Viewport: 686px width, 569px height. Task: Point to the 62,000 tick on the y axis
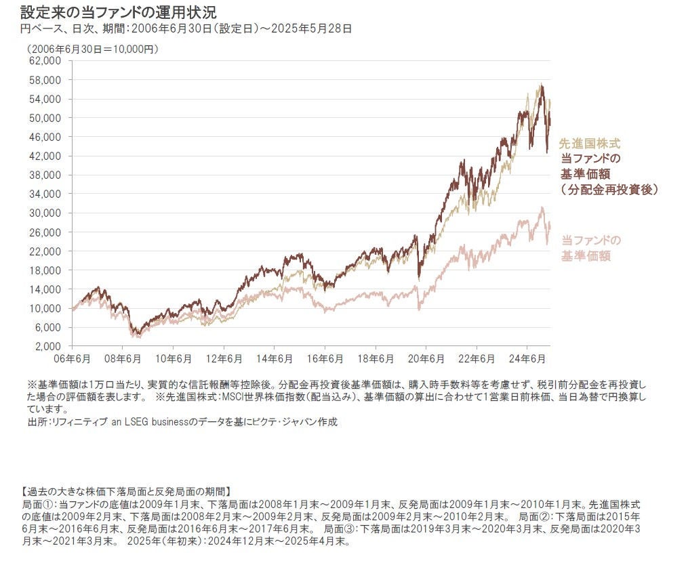[x=45, y=61]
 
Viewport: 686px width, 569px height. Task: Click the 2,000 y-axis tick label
[x=47, y=346]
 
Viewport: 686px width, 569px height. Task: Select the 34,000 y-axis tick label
[x=45, y=194]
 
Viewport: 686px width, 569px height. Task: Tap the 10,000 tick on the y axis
[x=45, y=308]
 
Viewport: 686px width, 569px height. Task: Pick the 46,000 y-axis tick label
[x=45, y=137]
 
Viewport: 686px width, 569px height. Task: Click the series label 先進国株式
[x=589, y=144]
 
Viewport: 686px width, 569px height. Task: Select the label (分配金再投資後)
[x=610, y=190]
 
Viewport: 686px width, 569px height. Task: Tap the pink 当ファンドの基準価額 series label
[x=590, y=248]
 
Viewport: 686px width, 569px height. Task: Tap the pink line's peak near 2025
[x=542, y=208]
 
